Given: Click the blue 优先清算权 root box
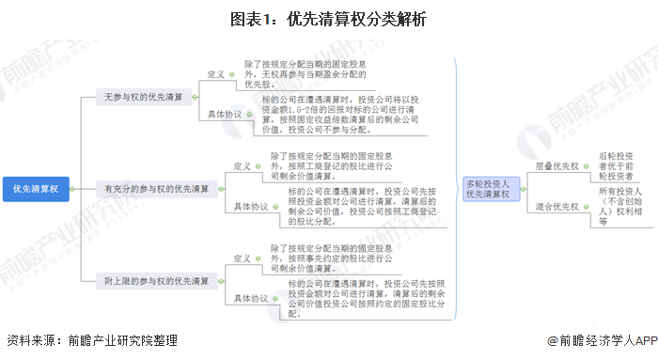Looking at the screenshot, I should pyautogui.click(x=37, y=188).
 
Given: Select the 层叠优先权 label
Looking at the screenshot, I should pyautogui.click(x=556, y=165).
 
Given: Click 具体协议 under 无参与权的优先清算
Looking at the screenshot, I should pyautogui.click(x=225, y=114).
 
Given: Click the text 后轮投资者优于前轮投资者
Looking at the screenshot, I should pyautogui.click(x=616, y=165).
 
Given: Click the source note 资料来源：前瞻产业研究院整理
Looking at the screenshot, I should pyautogui.click(x=91, y=341).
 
